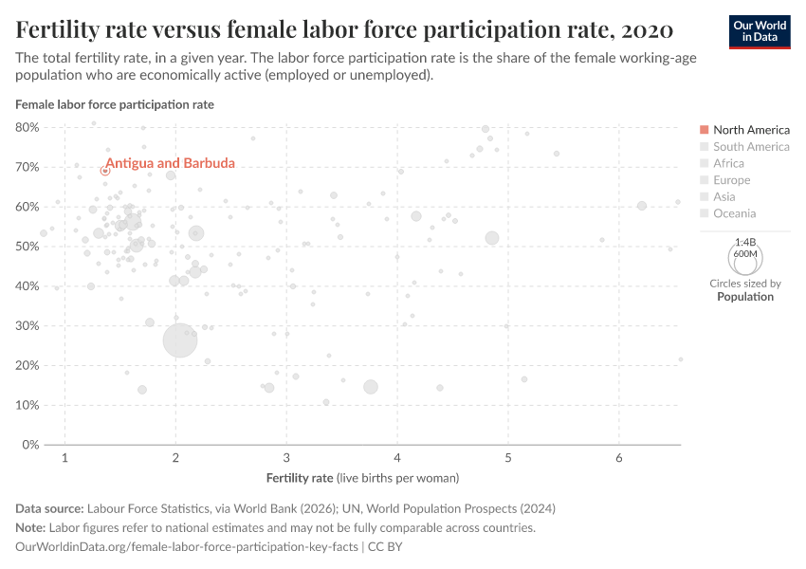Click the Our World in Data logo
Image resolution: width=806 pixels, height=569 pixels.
tap(759, 31)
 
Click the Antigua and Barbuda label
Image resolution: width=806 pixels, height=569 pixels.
tap(170, 163)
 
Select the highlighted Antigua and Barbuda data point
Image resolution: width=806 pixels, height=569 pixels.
tap(105, 171)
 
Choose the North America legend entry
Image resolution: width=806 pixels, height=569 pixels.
tap(750, 130)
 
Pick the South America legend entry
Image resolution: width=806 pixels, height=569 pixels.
tap(750, 147)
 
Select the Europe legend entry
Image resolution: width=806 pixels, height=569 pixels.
tap(731, 180)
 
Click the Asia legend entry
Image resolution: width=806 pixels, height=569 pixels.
tap(724, 196)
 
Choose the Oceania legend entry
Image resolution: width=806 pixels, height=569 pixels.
tap(734, 213)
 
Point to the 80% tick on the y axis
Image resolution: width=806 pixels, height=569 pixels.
tap(27, 127)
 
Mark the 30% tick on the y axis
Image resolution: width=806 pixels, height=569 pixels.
tap(27, 325)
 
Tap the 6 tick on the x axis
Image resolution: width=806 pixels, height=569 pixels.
tap(619, 459)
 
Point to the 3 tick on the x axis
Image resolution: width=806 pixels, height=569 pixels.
tap(286, 459)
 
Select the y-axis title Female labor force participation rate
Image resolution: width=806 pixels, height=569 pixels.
tap(115, 104)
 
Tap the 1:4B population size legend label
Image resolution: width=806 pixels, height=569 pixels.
tap(744, 243)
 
